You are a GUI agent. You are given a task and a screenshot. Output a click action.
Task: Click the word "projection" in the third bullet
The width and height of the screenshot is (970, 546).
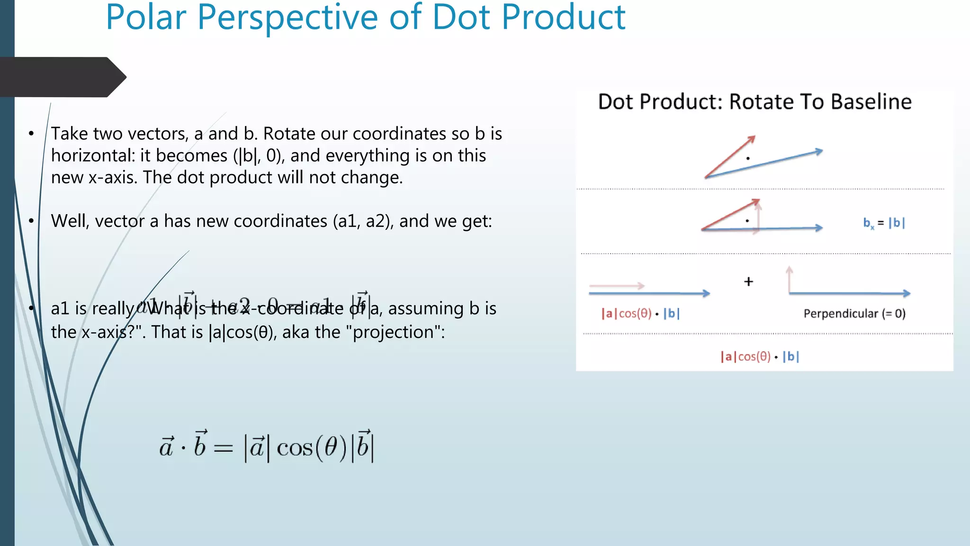393,332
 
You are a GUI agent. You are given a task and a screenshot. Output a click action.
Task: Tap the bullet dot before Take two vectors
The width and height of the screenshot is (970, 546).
31,134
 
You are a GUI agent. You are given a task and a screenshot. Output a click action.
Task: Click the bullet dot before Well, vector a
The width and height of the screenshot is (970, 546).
31,221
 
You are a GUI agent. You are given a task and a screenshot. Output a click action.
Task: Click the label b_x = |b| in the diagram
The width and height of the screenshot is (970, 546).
884,223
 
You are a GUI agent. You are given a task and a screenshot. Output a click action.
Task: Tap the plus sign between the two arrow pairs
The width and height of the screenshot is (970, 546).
748,282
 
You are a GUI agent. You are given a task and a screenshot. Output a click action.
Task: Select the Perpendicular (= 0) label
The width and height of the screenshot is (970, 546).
854,314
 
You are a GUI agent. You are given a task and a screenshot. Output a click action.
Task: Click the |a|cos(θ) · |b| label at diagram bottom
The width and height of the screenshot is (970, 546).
760,356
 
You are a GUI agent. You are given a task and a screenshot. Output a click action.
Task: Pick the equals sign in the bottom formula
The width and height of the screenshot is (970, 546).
223,448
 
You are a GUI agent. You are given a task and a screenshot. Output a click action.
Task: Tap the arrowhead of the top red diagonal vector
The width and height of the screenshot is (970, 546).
751,139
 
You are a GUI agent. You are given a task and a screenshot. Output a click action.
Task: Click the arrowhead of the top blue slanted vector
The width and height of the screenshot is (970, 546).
819,152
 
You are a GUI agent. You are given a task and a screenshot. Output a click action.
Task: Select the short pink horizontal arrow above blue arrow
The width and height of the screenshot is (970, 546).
617,286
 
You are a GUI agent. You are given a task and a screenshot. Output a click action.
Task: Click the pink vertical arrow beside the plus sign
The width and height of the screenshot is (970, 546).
789,280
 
